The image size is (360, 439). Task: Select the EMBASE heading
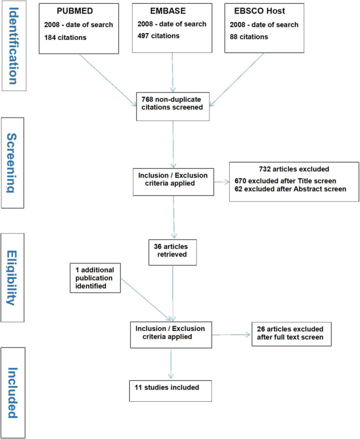pos(165,11)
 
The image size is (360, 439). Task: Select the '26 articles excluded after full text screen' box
pos(291,334)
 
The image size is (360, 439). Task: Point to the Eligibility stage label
pos(13,278)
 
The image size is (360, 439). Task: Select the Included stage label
pos(13,392)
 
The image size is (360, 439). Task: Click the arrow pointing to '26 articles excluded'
pos(231,334)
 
